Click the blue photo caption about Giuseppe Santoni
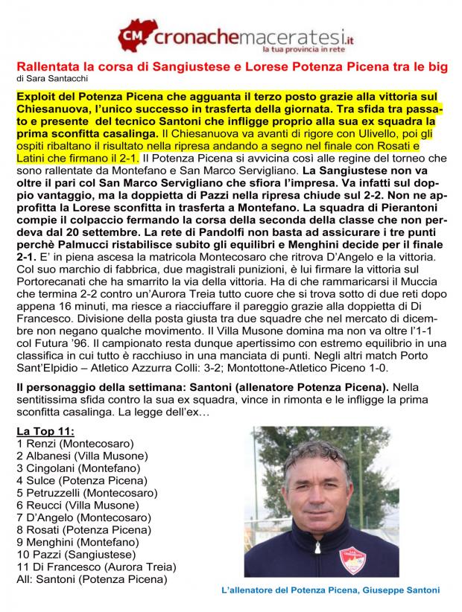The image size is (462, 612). click(331, 590)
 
